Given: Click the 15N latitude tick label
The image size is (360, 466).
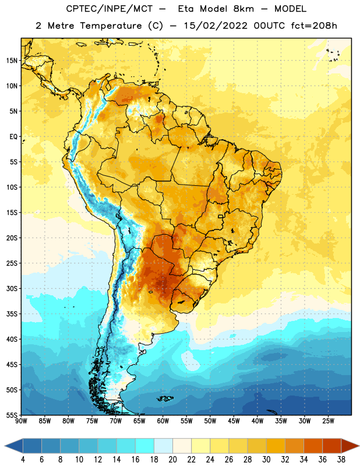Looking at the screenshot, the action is pos(12,61).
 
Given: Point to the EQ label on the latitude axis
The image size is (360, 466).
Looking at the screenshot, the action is pos(13,137).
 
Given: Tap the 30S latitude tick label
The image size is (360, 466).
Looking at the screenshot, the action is pos(12,288).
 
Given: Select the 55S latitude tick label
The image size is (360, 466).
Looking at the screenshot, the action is pos(12,415).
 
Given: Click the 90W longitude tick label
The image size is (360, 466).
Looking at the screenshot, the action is pos(21,421).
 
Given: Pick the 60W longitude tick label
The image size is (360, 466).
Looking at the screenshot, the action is pos(163,421).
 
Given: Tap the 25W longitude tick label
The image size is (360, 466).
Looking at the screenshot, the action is pos(328,421).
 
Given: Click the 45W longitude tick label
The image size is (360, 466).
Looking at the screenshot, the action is pos(234,421).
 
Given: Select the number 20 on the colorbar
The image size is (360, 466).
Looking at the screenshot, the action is pos(172,460).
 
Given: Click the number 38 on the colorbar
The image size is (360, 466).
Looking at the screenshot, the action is pos(341,460).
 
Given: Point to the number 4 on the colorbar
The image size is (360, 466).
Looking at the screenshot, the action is pos(23,460).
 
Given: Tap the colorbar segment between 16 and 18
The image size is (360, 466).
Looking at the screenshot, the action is pos(145,446).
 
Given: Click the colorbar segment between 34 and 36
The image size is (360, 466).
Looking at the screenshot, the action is pos(313,446).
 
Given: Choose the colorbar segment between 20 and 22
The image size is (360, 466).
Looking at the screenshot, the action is pos(182,446).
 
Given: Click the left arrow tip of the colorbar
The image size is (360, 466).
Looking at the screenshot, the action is pos(5,446).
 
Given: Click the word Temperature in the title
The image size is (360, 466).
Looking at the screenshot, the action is pos(111,26).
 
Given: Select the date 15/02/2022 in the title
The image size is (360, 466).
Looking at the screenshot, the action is pos(216,26).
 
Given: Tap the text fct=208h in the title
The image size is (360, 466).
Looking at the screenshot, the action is pos(314,26).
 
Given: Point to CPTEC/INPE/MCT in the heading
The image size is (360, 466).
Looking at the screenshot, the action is pos(109,9).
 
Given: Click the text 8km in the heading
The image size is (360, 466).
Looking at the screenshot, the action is pos(243,9).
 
